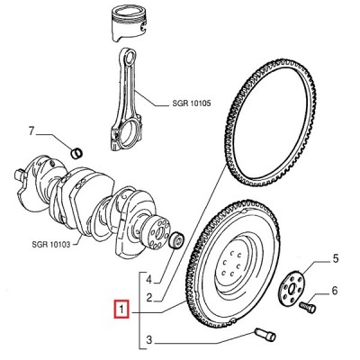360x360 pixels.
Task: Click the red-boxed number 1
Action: pos(121,309)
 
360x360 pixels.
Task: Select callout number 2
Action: pos(149,298)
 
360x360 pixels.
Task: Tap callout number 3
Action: pos(149,340)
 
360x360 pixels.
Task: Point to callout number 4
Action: pos(149,280)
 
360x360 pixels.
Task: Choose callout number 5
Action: pos(335,258)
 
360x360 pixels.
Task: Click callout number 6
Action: pos(335,291)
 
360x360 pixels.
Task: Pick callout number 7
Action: pos(32,131)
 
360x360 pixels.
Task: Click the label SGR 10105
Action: pos(192,103)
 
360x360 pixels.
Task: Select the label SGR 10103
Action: pos(51,244)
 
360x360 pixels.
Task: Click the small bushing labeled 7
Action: pos(76,153)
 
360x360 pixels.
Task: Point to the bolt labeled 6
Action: pos(308,307)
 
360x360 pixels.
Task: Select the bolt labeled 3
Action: pos(265,335)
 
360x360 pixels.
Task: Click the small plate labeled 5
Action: pos(291,288)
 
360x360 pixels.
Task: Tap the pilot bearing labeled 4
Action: pos(176,240)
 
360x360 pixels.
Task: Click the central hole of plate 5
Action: pos(292,289)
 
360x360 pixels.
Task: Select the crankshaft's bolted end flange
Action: pos(158,233)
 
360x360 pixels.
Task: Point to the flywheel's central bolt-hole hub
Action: pos(232,264)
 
